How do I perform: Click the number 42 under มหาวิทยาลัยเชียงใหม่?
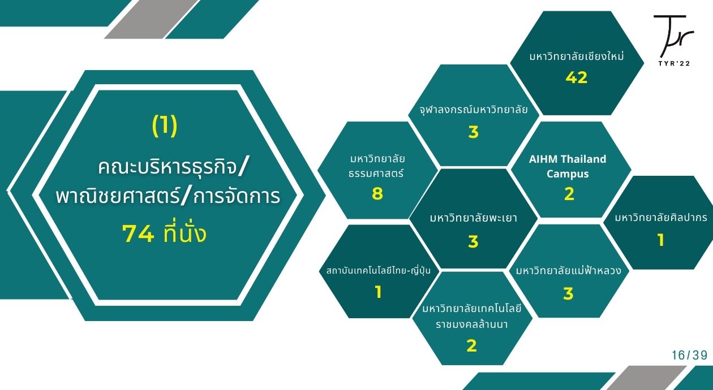[x=577, y=77]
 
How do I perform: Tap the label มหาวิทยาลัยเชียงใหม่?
[x=577, y=57]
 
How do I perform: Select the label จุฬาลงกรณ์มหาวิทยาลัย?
[x=473, y=110]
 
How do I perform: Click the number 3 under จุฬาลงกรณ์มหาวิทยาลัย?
[x=473, y=132]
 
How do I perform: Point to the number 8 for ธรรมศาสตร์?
[x=377, y=193]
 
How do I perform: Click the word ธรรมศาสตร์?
[x=376, y=174]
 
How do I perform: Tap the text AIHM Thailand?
[x=568, y=159]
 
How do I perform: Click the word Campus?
[x=568, y=174]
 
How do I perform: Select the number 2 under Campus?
[x=569, y=194]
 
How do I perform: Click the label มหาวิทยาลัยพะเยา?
[x=473, y=218]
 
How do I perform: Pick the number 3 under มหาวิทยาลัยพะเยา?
[x=473, y=242]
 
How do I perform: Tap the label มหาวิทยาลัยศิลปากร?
[x=661, y=218]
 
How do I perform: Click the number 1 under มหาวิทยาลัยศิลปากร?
[x=661, y=240]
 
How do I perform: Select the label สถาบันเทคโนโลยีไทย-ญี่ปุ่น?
[x=379, y=271]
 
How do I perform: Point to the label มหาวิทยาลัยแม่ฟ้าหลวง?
[x=569, y=271]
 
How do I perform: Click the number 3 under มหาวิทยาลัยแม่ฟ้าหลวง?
[x=568, y=293]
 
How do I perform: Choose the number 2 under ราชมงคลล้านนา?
[x=471, y=345]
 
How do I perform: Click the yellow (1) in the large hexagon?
[x=165, y=125]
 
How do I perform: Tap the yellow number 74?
[x=139, y=234]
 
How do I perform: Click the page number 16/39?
[x=690, y=356]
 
